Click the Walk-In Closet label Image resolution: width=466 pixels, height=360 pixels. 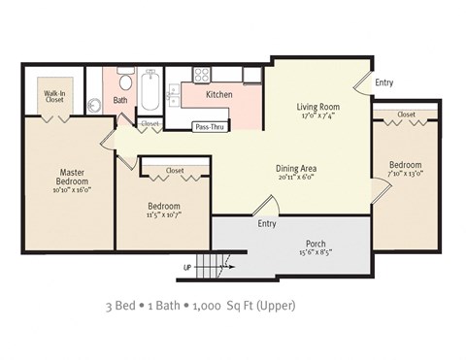pos(53,95)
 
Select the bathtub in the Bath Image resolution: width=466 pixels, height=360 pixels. pos(150,94)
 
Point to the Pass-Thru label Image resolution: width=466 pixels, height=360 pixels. pos(210,127)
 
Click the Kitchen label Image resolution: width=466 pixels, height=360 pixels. pos(219,95)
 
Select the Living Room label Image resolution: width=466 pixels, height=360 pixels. pos(316,107)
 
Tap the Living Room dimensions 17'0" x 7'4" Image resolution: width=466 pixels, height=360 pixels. pos(316,116)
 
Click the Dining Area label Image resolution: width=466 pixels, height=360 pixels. pos(296,168)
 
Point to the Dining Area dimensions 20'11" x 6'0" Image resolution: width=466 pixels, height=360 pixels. pos(296,178)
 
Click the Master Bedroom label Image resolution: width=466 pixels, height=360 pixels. pos(67,177)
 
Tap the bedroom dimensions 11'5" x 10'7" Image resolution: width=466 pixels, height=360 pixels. pos(162,215)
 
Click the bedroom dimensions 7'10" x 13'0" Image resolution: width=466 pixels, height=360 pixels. pos(406,175)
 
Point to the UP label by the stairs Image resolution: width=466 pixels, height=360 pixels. pos(186,266)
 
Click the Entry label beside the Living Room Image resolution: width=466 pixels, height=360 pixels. pos(383,83)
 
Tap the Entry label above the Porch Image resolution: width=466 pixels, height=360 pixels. pos(267,223)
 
